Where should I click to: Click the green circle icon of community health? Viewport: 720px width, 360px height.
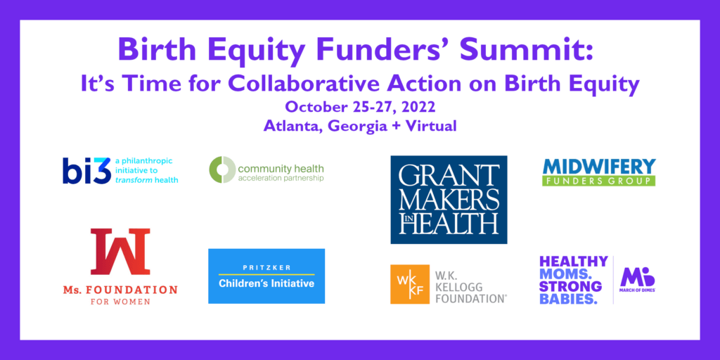point(221,169)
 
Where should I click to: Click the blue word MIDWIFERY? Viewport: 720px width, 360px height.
point(599,167)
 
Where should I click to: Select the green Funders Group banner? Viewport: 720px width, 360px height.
point(599,181)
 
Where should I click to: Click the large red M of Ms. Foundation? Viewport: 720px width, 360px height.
point(120,251)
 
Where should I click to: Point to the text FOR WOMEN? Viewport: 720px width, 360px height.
point(120,302)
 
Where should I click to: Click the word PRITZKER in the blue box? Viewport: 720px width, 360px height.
point(266,267)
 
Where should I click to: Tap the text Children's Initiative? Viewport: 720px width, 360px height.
point(266,284)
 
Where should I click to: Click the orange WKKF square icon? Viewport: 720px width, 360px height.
point(409,284)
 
